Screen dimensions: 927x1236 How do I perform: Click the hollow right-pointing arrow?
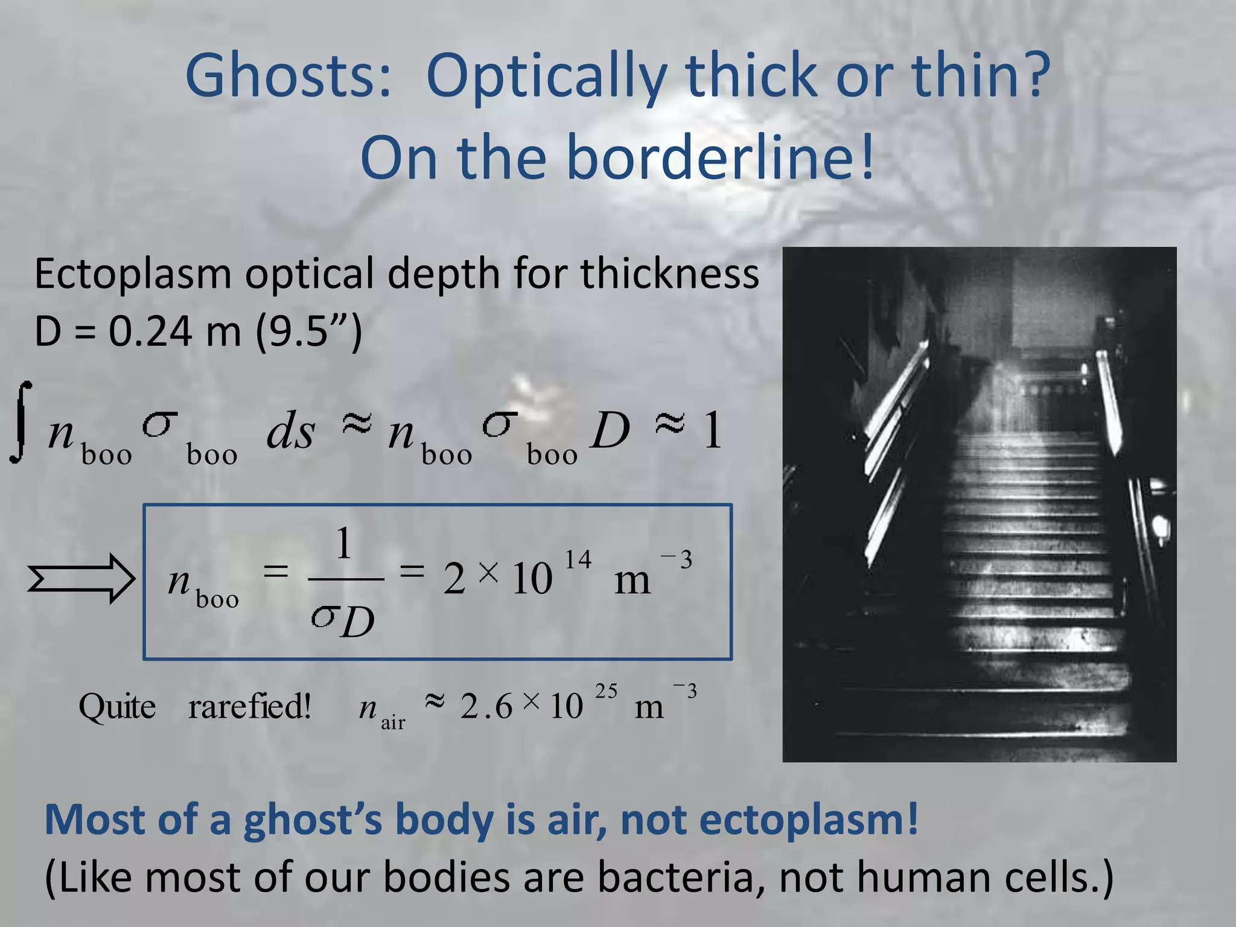tap(81, 579)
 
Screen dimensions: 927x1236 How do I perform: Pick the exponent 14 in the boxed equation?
tap(578, 559)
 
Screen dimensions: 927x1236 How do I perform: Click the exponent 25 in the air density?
tap(606, 691)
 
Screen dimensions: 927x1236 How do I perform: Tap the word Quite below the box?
tap(117, 706)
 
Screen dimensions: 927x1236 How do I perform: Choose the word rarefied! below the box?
tap(249, 706)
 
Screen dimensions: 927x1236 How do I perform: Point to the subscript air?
tap(393, 722)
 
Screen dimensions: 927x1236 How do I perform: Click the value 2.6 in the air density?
tap(486, 706)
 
